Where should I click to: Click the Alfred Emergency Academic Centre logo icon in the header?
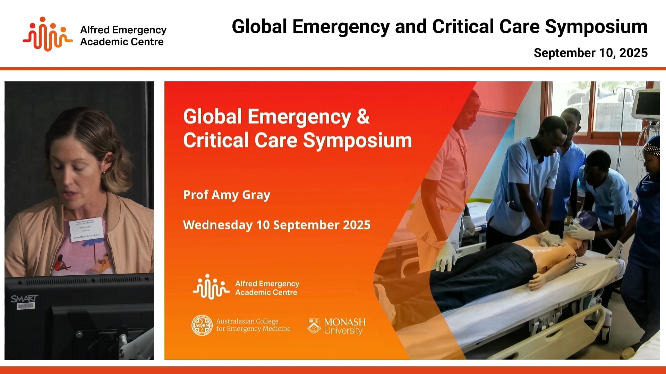click(48, 34)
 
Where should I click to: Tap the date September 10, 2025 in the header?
click(590, 53)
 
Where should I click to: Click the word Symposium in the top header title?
click(596, 27)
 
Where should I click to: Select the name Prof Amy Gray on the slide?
click(227, 195)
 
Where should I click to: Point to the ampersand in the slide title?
click(363, 117)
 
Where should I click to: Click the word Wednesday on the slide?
click(217, 225)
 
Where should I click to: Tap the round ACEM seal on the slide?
click(202, 325)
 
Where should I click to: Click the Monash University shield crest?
click(314, 326)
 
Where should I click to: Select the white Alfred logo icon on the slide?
click(211, 287)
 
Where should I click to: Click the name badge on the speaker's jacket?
click(86, 228)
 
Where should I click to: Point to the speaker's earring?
click(103, 173)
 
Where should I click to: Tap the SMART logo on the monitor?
click(24, 299)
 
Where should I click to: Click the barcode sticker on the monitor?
click(25, 306)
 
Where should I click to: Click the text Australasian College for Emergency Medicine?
click(253, 325)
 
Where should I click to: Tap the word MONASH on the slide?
click(344, 322)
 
